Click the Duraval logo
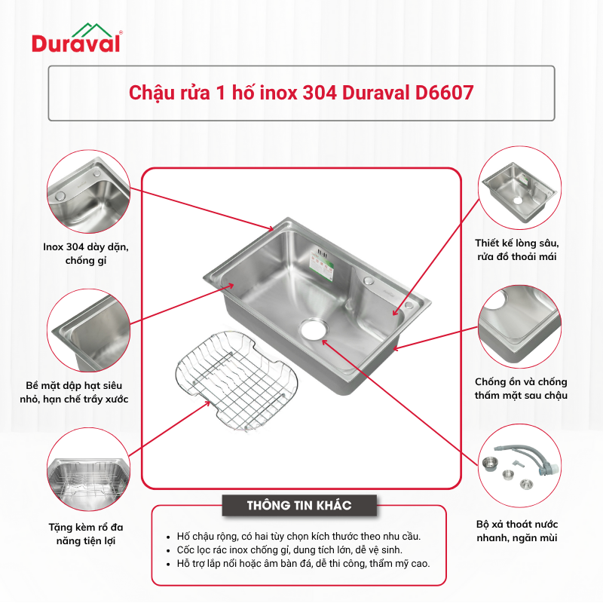tap(77, 38)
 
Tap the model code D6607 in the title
tap(444, 93)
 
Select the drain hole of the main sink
tap(314, 329)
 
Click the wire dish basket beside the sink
tap(237, 381)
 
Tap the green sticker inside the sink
tap(321, 265)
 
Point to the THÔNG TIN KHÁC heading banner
tap(299, 505)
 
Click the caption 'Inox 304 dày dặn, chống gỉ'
tap(86, 253)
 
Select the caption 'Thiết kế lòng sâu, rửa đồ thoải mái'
tap(517, 249)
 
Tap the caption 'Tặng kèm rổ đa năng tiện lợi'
tap(86, 534)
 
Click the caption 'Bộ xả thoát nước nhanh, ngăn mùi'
tap(517, 531)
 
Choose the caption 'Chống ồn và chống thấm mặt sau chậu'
tap(521, 388)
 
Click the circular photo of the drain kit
tap(519, 466)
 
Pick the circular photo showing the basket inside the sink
tap(88, 469)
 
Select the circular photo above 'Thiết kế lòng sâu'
tap(519, 188)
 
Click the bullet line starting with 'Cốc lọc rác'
tap(289, 550)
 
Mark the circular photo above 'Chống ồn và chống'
tap(519, 326)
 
